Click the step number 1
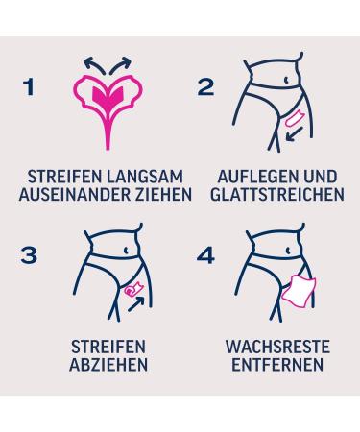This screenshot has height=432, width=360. pos(29,86)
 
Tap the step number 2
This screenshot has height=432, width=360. pos(205,86)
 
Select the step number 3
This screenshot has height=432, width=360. pos(29,255)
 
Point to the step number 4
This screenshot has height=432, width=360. pos(205,255)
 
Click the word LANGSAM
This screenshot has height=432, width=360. pos(145,177)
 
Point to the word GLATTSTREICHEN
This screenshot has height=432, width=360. pos(277,194)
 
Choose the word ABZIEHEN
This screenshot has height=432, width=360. pos(108,365)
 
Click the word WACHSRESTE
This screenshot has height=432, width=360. pos(277,347)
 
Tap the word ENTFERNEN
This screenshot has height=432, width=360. pos(277,365)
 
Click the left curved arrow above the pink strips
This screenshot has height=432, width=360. pos(93,63)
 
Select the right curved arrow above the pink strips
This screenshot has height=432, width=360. pos(121,63)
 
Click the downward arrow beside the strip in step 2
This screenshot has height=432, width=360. pos(294,133)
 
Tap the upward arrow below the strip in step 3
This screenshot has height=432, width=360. pos(136,304)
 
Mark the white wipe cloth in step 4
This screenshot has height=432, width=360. pos(299,292)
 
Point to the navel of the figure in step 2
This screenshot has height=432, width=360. pos(287,80)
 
